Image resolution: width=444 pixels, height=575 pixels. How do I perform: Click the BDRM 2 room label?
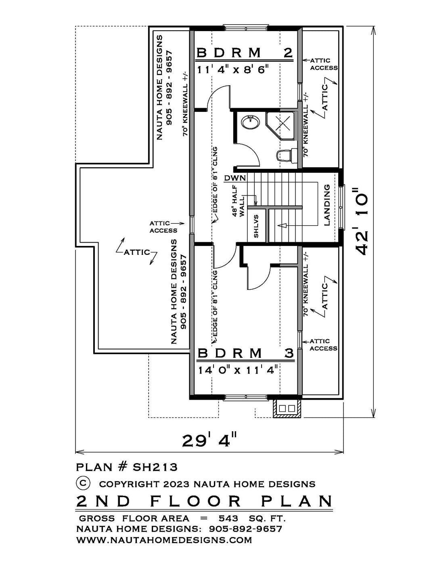[x=245, y=52]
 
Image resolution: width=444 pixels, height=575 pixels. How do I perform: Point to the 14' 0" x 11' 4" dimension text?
[x=238, y=370]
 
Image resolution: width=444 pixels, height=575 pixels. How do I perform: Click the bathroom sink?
[x=250, y=122]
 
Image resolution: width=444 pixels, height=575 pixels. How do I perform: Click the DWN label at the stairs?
[x=235, y=178]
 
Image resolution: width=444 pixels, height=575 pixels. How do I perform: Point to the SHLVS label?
[x=256, y=226]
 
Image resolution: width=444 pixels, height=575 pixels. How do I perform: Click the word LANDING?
[x=327, y=205]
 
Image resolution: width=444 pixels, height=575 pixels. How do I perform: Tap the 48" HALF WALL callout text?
[x=239, y=201]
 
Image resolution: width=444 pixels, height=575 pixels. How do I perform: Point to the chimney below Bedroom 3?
[x=287, y=408]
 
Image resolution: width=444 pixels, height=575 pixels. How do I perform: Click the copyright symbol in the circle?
[x=83, y=483]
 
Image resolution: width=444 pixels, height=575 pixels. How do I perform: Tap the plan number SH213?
[x=155, y=467]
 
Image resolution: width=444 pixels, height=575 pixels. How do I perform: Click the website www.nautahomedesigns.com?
[x=164, y=540]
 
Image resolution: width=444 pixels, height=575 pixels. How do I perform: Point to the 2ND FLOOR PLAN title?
[x=204, y=501]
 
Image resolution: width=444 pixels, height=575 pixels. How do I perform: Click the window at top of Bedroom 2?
[x=245, y=28]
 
